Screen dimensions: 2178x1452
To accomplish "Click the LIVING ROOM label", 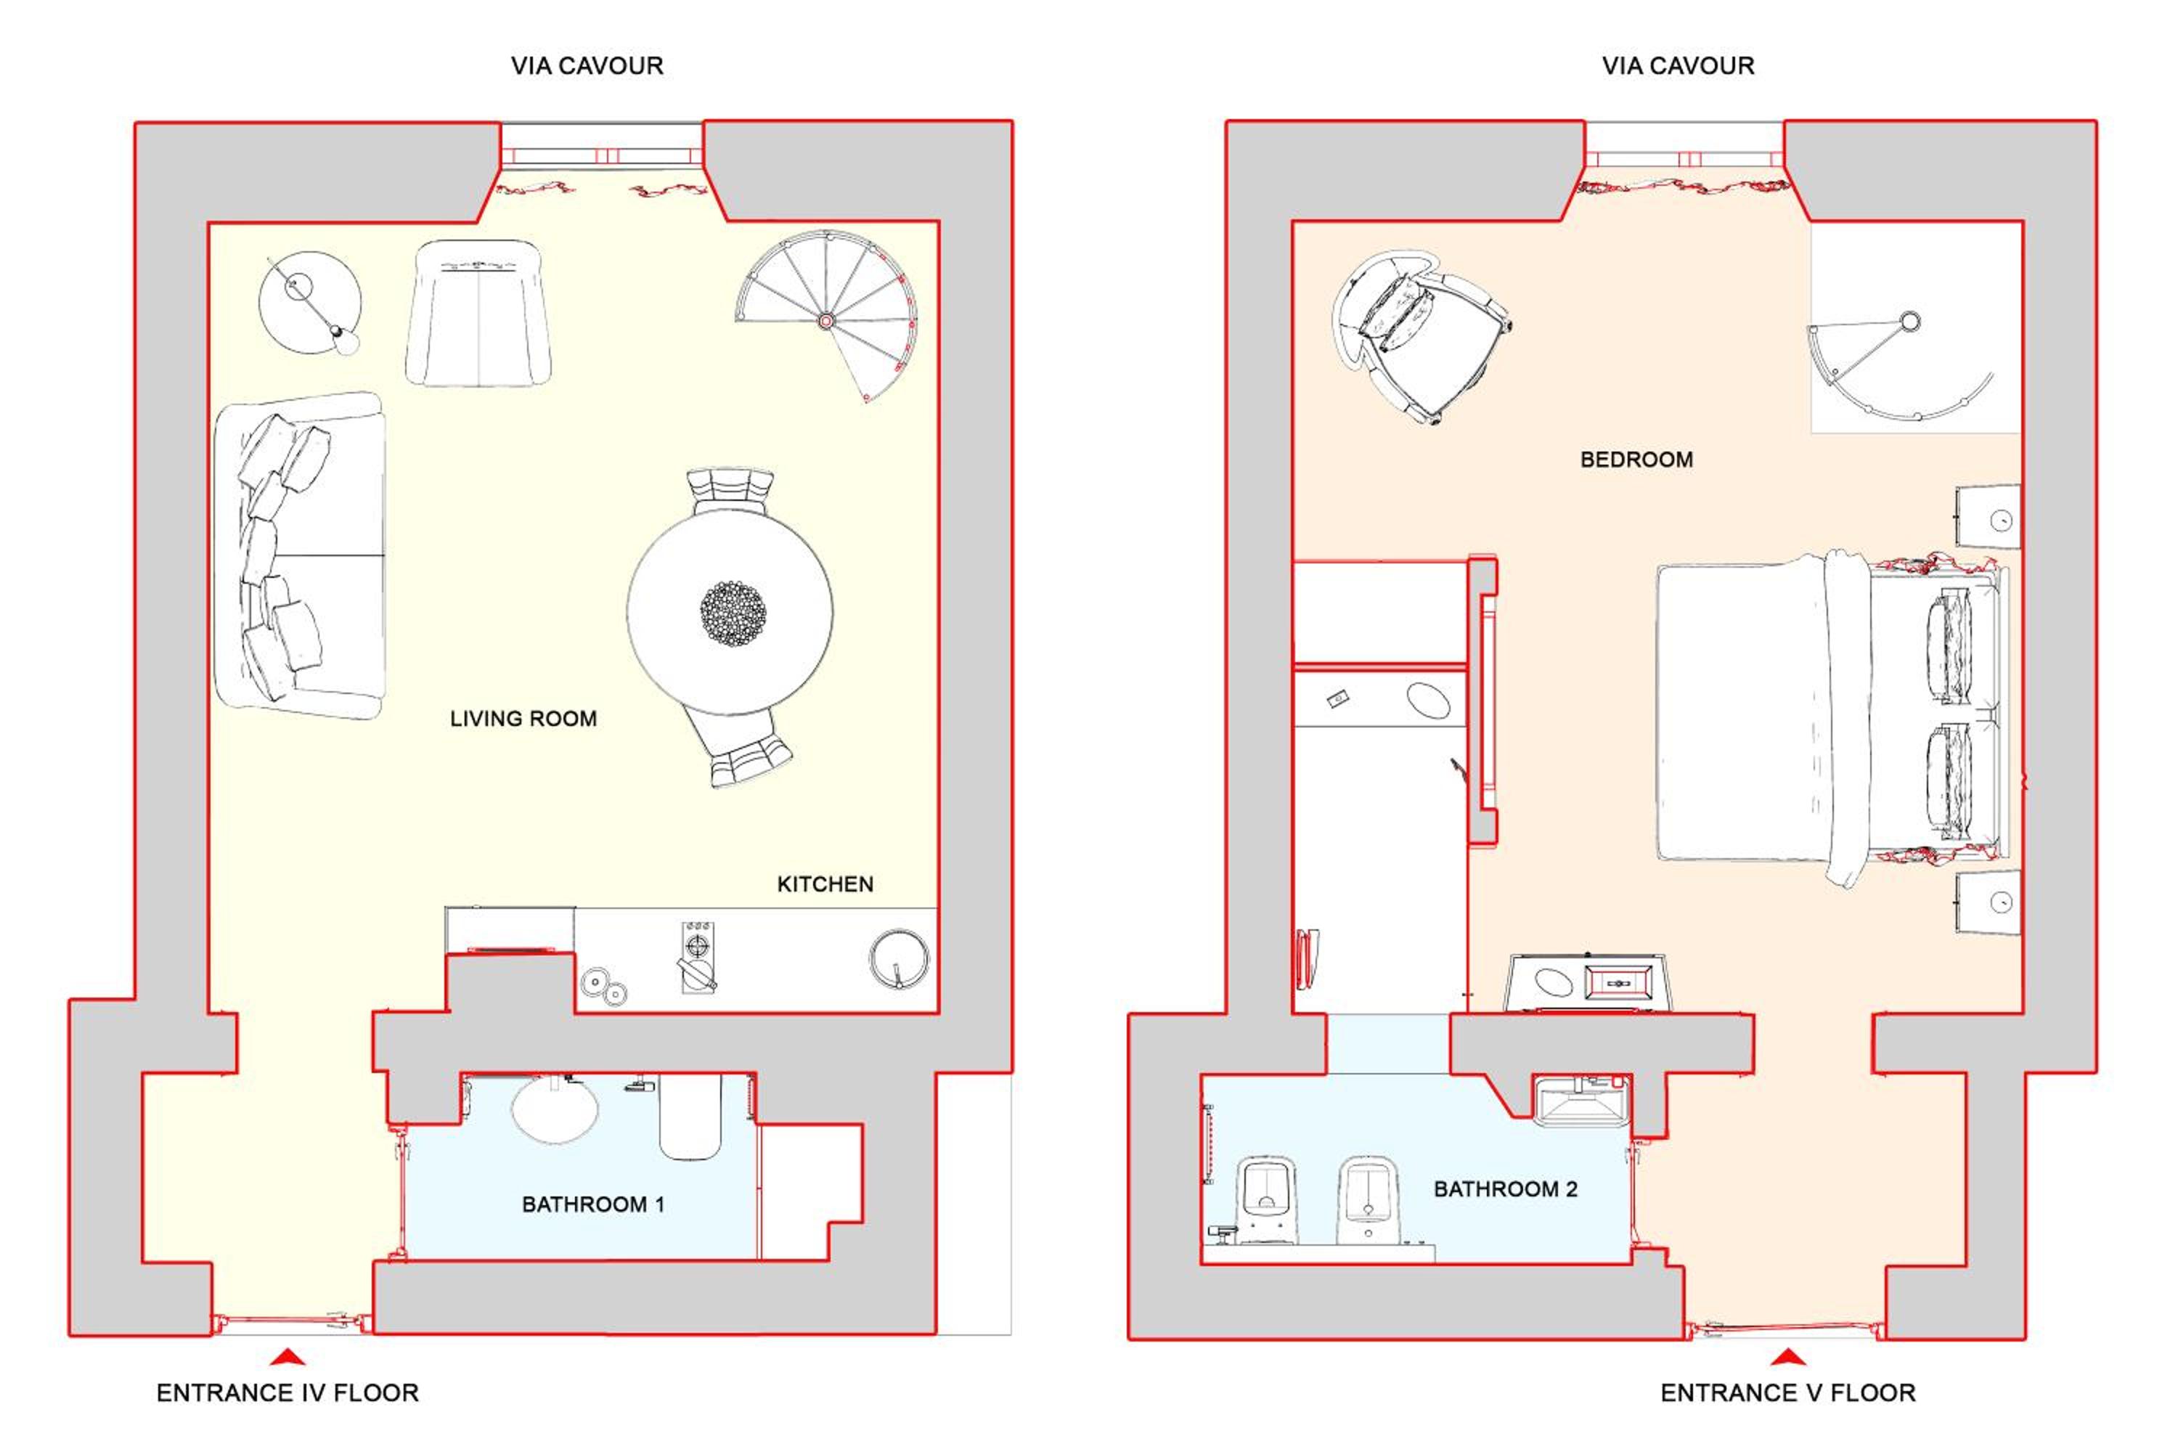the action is pos(523,719).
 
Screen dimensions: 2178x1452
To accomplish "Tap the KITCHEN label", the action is pos(825,884).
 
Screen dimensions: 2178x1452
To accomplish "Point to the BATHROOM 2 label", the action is pos(1506,1189).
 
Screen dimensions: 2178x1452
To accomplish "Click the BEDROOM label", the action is pos(1636,460).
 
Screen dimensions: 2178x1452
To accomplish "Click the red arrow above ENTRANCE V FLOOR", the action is pos(1788,1358).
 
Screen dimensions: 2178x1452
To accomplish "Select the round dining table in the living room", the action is pos(730,612).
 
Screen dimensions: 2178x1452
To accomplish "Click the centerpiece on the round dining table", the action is pos(733,613).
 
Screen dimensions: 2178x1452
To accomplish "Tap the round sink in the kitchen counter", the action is pos(898,959).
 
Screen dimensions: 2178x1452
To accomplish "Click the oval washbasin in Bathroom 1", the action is pos(555,1109).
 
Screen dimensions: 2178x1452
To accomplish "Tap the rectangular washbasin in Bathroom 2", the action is pos(1582,1102).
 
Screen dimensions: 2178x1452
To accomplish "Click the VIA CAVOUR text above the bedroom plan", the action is pos(1678,66).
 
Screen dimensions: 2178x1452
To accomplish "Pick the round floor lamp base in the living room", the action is pos(309,302).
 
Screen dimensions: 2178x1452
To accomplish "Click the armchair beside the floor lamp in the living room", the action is pos(478,313).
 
